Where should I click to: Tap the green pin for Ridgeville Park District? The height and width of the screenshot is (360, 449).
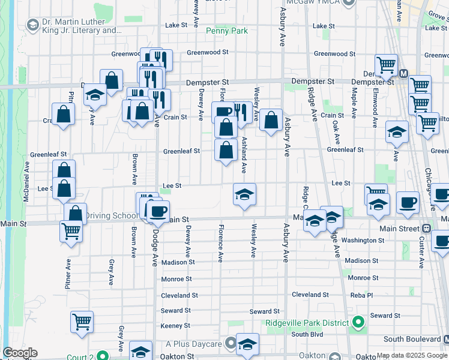[x=358, y=323]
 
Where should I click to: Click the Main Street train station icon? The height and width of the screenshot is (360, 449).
[x=426, y=229]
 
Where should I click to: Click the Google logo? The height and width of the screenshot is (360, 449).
[x=20, y=353]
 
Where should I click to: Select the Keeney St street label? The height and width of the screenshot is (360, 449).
[x=175, y=326]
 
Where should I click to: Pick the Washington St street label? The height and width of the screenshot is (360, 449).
[x=364, y=240]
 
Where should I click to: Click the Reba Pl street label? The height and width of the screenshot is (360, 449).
[x=362, y=295]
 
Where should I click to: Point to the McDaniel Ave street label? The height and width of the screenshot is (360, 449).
[x=27, y=181]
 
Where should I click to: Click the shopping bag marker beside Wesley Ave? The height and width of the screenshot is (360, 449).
[x=271, y=119]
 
